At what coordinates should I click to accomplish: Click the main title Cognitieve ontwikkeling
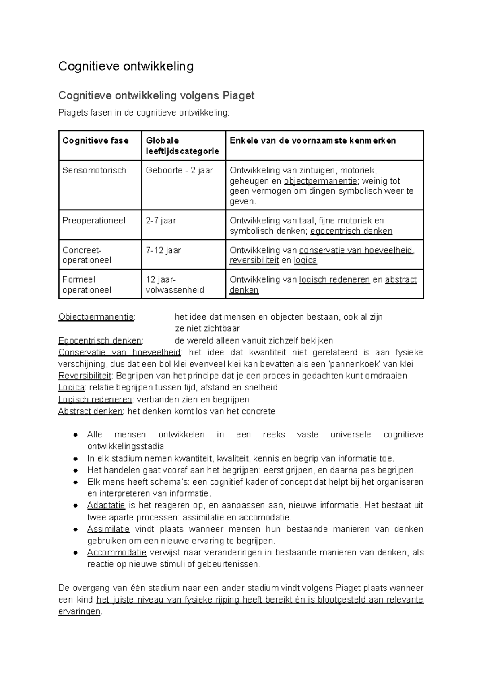(126, 66)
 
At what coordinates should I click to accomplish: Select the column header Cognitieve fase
(95, 140)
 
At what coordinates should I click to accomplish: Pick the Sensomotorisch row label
(94, 170)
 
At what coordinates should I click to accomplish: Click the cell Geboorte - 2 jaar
(179, 170)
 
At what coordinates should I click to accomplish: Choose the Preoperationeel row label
(94, 221)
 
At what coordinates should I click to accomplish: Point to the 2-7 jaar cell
(161, 221)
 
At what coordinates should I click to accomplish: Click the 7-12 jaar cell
(163, 250)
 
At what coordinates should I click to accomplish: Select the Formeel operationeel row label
(87, 285)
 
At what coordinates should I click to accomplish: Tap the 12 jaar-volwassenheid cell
(175, 285)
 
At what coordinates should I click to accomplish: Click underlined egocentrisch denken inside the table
(351, 231)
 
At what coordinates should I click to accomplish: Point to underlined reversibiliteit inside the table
(254, 260)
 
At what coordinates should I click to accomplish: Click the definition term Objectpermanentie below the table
(96, 317)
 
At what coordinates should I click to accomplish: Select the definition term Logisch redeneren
(95, 400)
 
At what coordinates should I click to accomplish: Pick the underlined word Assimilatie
(109, 529)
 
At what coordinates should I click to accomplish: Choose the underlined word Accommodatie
(117, 552)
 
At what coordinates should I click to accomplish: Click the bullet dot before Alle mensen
(75, 435)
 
